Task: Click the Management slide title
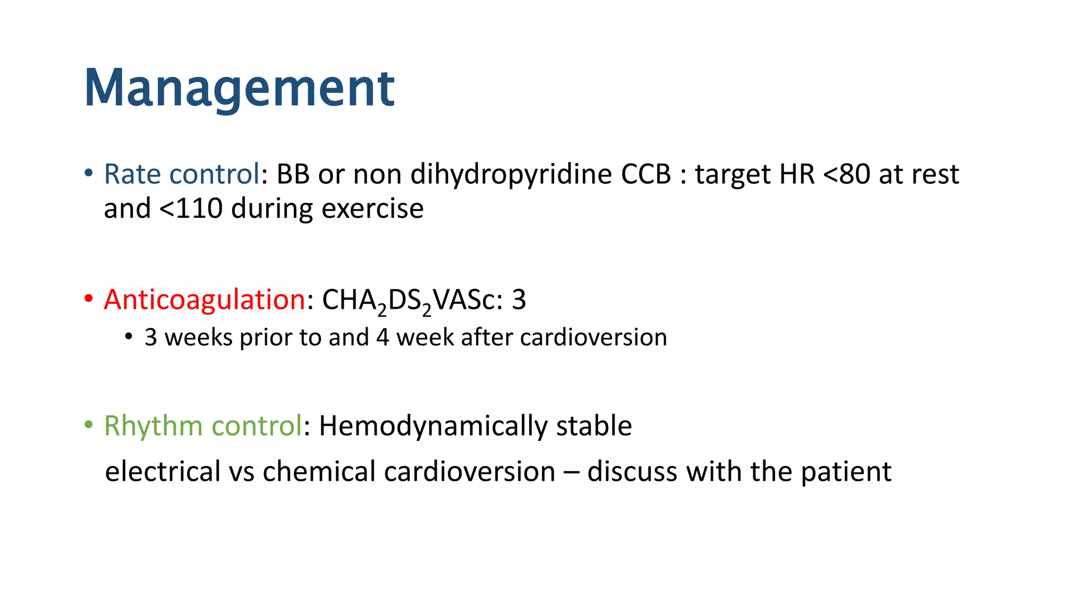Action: point(239,88)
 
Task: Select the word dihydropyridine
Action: point(511,174)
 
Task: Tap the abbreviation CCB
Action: point(646,174)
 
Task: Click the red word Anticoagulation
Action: point(205,300)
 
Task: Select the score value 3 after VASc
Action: point(518,300)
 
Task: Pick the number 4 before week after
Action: point(382,337)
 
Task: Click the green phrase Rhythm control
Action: point(203,426)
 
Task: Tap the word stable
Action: point(594,426)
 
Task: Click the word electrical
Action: point(163,472)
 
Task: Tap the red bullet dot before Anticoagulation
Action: point(89,299)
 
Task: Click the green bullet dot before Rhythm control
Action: point(89,425)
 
